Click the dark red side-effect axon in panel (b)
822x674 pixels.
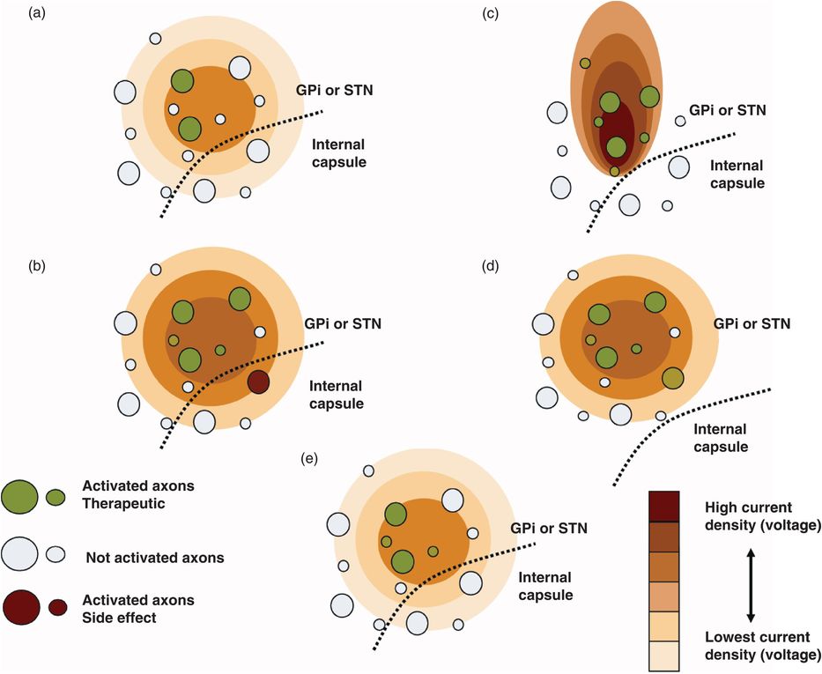click(x=258, y=381)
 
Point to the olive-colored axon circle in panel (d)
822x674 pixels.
click(x=673, y=378)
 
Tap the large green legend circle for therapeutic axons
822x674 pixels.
click(x=19, y=496)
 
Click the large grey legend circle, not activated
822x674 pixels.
click(x=19, y=552)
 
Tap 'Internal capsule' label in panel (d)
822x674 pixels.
click(x=720, y=438)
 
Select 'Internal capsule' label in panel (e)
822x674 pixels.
click(x=545, y=586)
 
